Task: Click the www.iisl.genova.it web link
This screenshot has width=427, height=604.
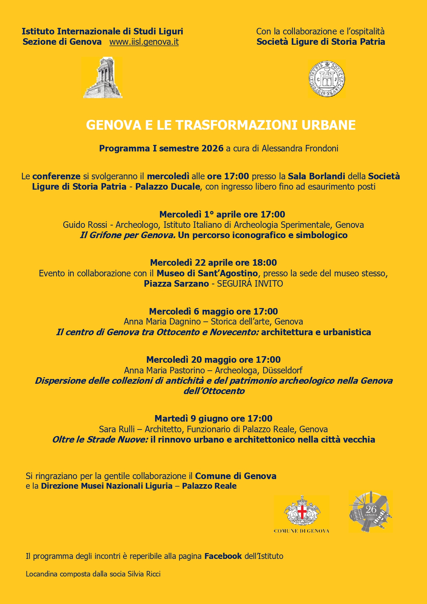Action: (x=144, y=42)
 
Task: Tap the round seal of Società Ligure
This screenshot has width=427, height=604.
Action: (x=327, y=79)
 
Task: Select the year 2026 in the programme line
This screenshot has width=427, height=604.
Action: (x=212, y=148)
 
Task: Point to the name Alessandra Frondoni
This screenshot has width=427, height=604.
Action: (x=300, y=148)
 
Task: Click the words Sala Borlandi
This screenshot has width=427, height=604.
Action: (x=316, y=176)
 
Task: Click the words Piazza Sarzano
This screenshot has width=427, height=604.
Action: (x=176, y=284)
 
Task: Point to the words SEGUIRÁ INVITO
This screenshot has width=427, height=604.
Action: (x=250, y=284)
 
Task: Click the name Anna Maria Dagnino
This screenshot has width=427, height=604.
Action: (x=162, y=321)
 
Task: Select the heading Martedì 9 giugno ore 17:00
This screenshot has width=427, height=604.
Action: (x=213, y=418)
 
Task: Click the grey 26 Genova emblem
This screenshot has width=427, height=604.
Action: (x=371, y=511)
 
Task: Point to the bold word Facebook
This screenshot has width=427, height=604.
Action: (x=223, y=556)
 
